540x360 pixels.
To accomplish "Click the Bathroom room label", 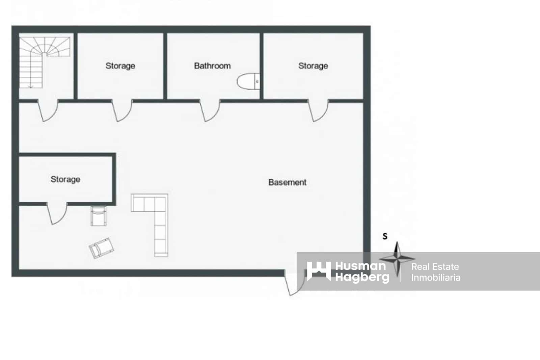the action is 212,66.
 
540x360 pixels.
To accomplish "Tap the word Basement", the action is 287,182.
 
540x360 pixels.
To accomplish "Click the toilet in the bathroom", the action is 248,81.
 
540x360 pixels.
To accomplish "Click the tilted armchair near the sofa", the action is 101,248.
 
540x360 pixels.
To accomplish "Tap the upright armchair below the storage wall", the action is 98,216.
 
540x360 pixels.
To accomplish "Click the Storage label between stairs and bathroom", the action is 120,66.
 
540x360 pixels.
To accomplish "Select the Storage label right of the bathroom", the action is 313,66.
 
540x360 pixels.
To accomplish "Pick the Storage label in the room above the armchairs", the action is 65,179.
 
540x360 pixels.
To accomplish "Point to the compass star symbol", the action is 397,259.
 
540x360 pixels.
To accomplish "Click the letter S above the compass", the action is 385,236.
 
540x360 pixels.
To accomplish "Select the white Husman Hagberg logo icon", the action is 319,271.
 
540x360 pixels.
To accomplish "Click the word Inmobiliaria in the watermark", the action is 436,278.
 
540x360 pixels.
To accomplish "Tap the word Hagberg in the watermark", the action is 362,278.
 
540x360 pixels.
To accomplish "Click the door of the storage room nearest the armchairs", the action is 57,213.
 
